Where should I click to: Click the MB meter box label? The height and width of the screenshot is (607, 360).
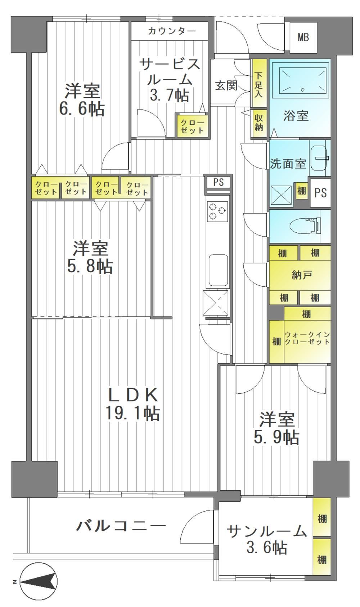pos(303,37)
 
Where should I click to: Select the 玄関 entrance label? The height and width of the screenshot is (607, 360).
pos(226,85)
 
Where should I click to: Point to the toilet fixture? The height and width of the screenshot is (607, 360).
pos(305,226)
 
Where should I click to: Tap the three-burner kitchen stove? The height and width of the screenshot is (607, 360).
pos(217,212)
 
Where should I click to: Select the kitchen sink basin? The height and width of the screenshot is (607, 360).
pos(218,270)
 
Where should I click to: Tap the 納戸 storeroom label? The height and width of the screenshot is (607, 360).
pos(301,275)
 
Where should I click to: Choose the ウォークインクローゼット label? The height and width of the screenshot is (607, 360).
pos(307,338)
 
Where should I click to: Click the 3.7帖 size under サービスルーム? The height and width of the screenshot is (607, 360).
pos(170,96)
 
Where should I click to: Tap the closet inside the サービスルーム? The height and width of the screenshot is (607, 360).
pos(192,126)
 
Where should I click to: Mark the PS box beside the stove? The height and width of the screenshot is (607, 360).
pos(218,182)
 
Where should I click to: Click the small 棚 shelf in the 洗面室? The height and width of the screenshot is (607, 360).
pos(301,191)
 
